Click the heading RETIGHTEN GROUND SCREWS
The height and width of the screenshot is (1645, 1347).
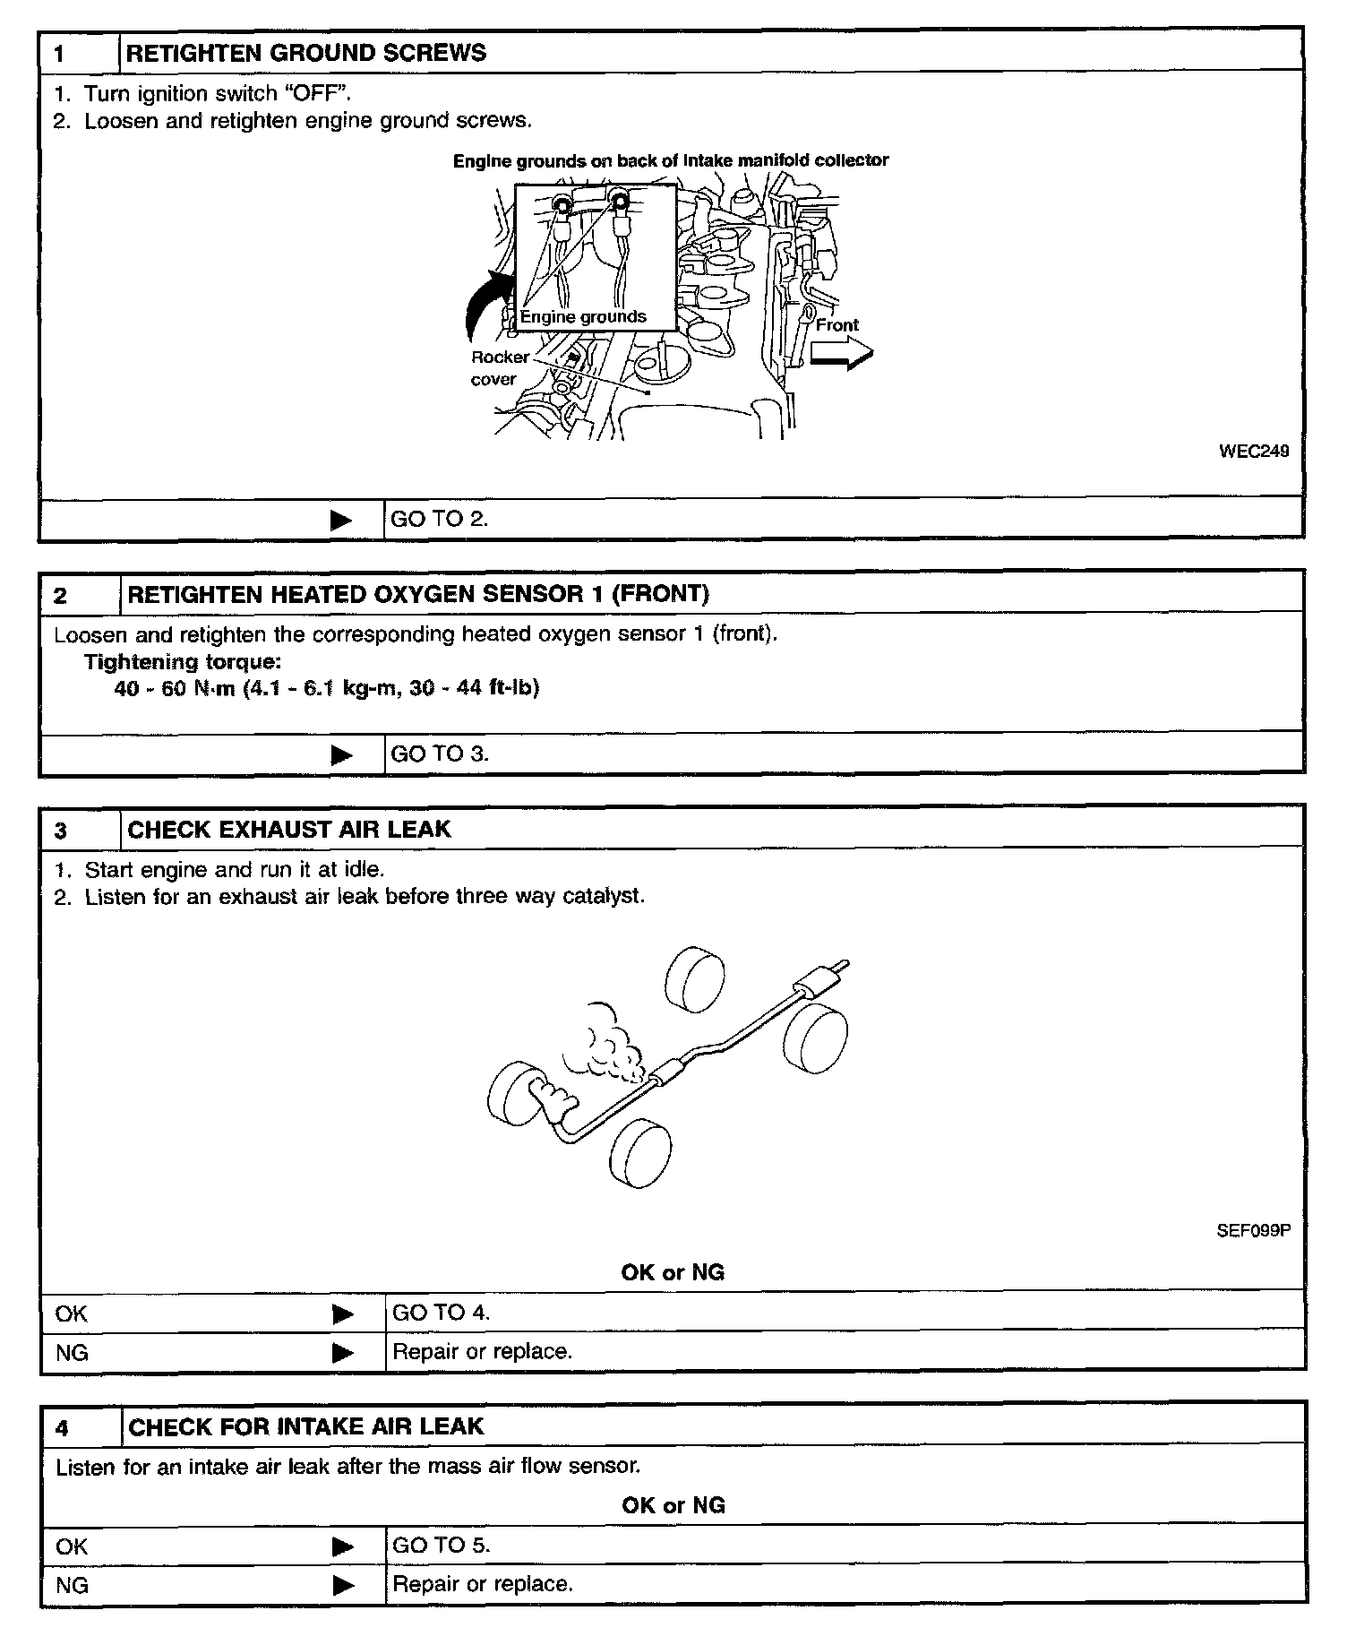[x=305, y=53]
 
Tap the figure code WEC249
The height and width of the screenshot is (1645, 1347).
[x=1254, y=452]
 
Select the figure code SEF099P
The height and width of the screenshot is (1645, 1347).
[x=1253, y=1230]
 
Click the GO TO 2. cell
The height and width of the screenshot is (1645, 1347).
[x=439, y=519]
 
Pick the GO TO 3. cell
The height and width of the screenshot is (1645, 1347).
[x=440, y=754]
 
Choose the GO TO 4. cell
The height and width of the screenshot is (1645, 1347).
[x=441, y=1313]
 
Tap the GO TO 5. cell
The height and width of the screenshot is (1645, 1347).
[x=441, y=1545]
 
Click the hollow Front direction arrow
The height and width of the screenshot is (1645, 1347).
[x=840, y=357]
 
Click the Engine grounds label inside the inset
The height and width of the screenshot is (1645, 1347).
[x=583, y=316]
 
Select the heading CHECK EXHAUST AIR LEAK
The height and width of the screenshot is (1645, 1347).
[x=288, y=829]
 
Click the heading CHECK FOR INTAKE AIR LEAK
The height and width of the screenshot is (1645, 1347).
[x=305, y=1426]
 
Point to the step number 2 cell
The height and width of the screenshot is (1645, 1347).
[x=61, y=596]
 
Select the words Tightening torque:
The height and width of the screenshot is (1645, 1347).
[x=182, y=662]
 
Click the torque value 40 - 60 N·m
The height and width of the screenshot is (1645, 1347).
[x=175, y=688]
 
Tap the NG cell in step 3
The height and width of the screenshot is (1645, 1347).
[x=72, y=1352]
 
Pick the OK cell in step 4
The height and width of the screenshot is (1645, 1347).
[x=72, y=1546]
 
